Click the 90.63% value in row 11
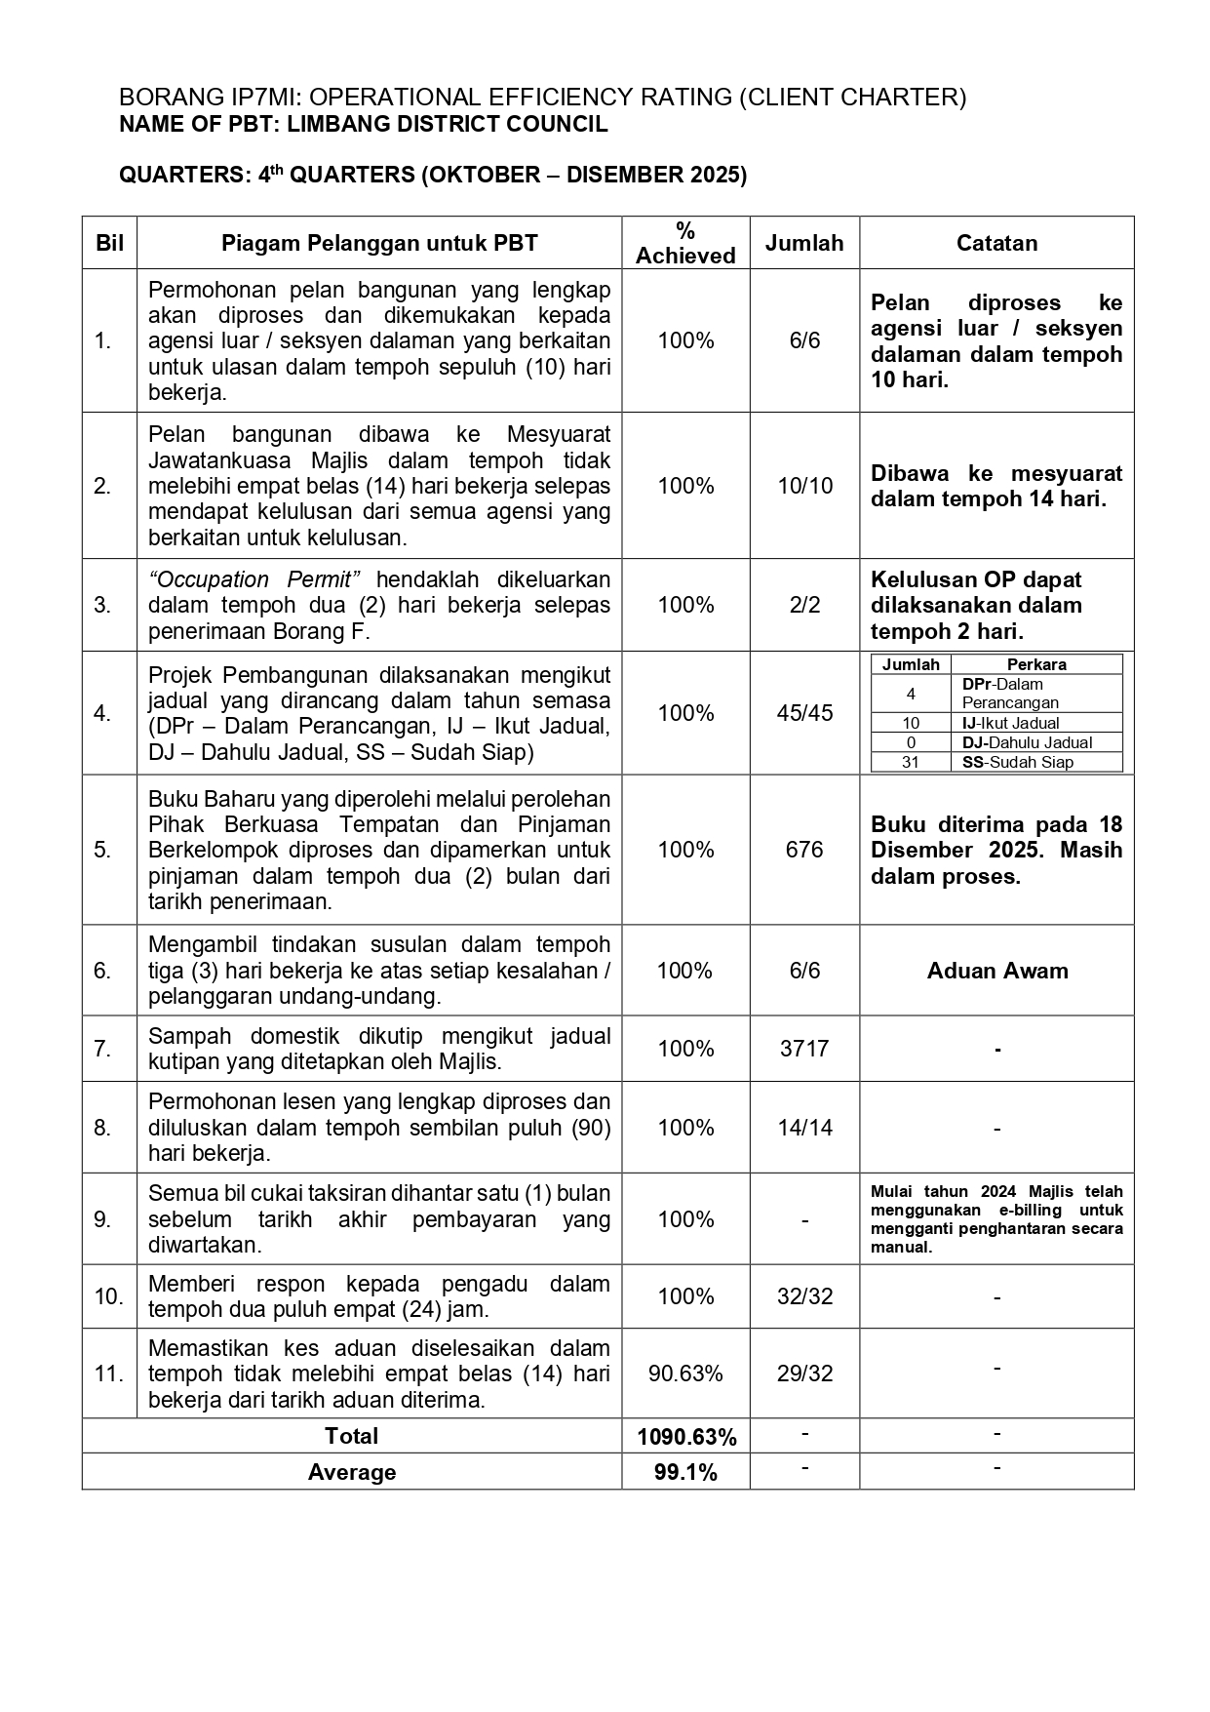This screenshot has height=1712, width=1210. pyautogui.click(x=685, y=1374)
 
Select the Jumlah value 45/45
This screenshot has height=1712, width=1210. pyautogui.click(x=804, y=713)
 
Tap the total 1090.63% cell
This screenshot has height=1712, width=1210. pyautogui.click(x=685, y=1437)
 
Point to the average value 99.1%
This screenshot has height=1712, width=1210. pyautogui.click(x=685, y=1472)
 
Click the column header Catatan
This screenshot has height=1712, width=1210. pyautogui.click(x=996, y=243)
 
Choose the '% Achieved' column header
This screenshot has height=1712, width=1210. pyautogui.click(x=685, y=243)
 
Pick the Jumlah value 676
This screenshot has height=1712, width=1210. pyautogui.click(x=804, y=850)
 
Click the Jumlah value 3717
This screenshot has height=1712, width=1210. pyautogui.click(x=804, y=1049)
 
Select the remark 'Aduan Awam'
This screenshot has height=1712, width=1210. pyautogui.click(x=997, y=971)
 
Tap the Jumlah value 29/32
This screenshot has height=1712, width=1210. pyautogui.click(x=804, y=1374)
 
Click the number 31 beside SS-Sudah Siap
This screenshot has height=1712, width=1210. pyautogui.click(x=911, y=763)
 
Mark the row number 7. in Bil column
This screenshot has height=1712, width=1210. pyautogui.click(x=103, y=1049)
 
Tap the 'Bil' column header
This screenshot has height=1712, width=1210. pyautogui.click(x=109, y=243)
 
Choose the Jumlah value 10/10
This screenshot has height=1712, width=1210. pyautogui.click(x=804, y=486)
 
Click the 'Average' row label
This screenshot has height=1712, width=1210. pyautogui.click(x=352, y=1472)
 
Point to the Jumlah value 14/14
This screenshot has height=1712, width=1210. pyautogui.click(x=804, y=1128)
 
